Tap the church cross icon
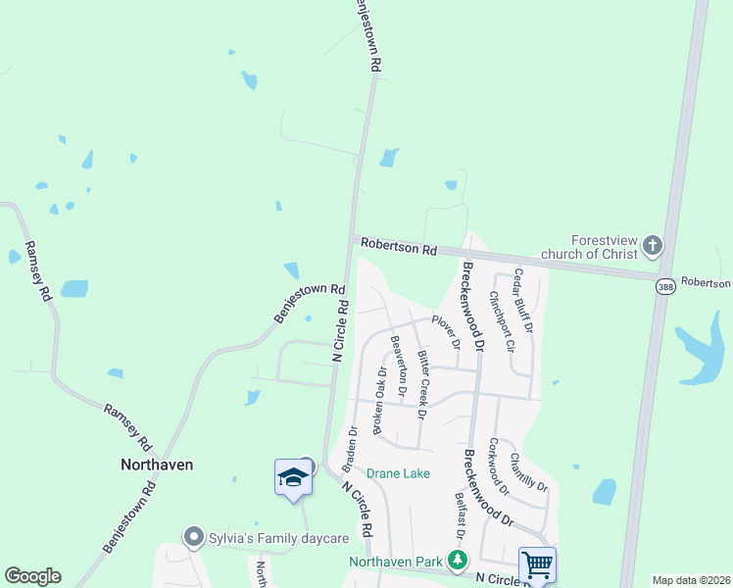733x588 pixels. [x=653, y=245]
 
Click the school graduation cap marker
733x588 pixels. [x=293, y=477]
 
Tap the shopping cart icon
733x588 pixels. [x=537, y=564]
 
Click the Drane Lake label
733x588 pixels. [x=398, y=473]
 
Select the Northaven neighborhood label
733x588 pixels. [x=156, y=464]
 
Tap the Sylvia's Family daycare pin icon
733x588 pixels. [x=193, y=537]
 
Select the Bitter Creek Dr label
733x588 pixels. [x=421, y=384]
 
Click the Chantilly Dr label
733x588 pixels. [x=528, y=471]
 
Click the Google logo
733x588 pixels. [x=32, y=576]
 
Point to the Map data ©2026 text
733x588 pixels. [x=692, y=580]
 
